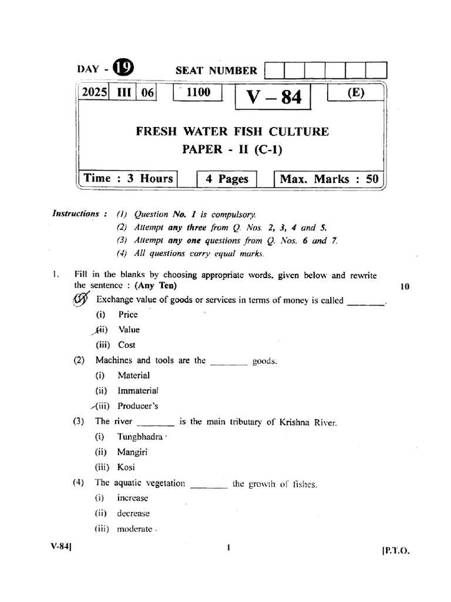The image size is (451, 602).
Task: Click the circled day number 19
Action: click(x=123, y=69)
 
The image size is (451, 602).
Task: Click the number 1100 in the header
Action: click(x=197, y=93)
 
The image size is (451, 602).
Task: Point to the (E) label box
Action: click(x=355, y=94)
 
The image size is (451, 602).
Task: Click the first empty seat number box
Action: click(x=275, y=71)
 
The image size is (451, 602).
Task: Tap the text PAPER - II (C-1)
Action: click(x=233, y=150)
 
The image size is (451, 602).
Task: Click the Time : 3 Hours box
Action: click(x=129, y=179)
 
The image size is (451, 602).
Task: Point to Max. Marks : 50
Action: click(x=329, y=179)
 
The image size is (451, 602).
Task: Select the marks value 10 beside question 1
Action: click(x=405, y=286)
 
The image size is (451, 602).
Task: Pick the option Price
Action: click(x=128, y=315)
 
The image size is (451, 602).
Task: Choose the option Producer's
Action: click(x=137, y=406)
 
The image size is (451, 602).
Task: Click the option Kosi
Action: click(x=126, y=467)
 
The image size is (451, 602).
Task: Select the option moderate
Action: click(x=134, y=529)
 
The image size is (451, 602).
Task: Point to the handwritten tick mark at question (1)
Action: click(x=79, y=300)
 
